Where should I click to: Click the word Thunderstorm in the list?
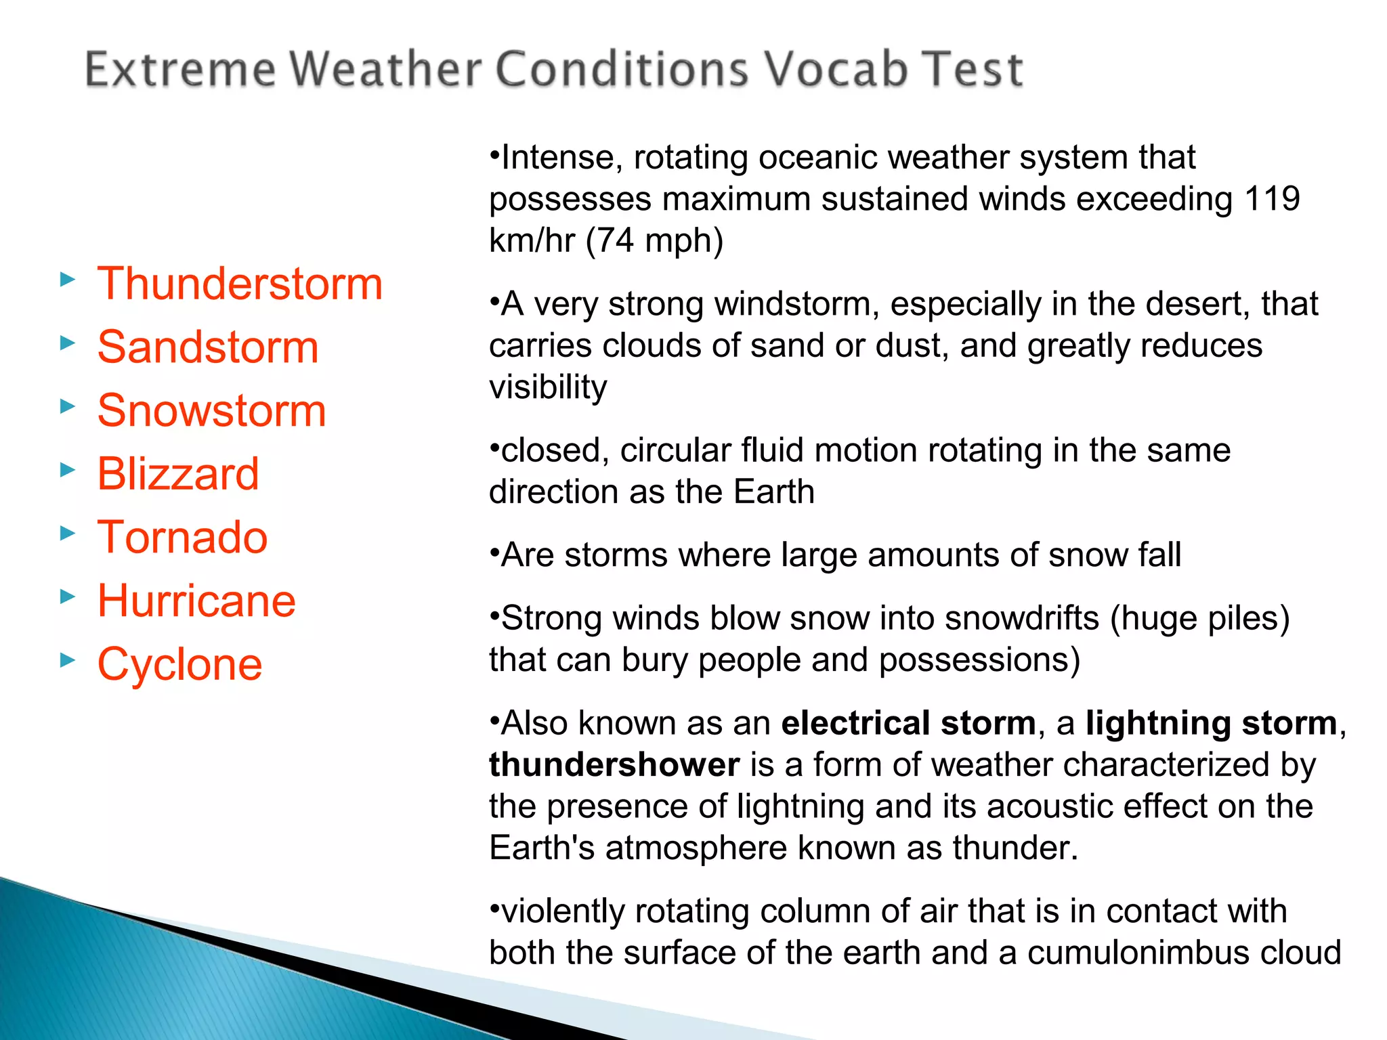pos(240,284)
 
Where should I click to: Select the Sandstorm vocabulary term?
pos(207,347)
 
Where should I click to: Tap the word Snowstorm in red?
pos(211,410)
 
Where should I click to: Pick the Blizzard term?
pos(178,473)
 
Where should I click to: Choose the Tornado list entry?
pos(182,537)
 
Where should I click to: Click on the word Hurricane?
pos(196,601)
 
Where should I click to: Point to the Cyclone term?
pos(179,664)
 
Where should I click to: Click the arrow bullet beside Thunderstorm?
pos(67,279)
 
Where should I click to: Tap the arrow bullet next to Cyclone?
pos(67,659)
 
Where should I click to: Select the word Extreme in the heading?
pos(180,69)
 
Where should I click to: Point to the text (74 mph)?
pos(654,240)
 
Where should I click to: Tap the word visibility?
pos(548,387)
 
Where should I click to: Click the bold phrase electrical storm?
pos(908,723)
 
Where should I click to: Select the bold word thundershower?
pos(614,765)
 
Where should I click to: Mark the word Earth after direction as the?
pos(773,492)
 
